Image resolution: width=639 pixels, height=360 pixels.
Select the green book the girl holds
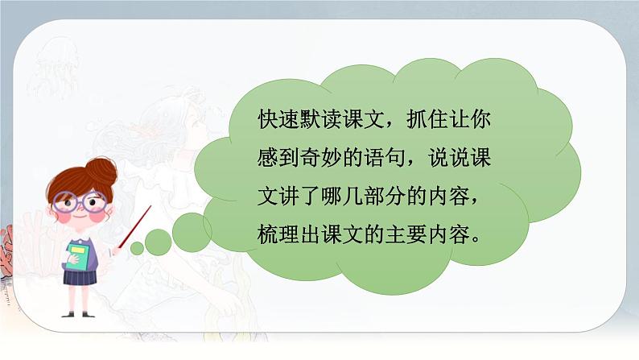[78, 257]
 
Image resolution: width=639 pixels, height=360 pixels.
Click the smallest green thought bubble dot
[137, 247]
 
